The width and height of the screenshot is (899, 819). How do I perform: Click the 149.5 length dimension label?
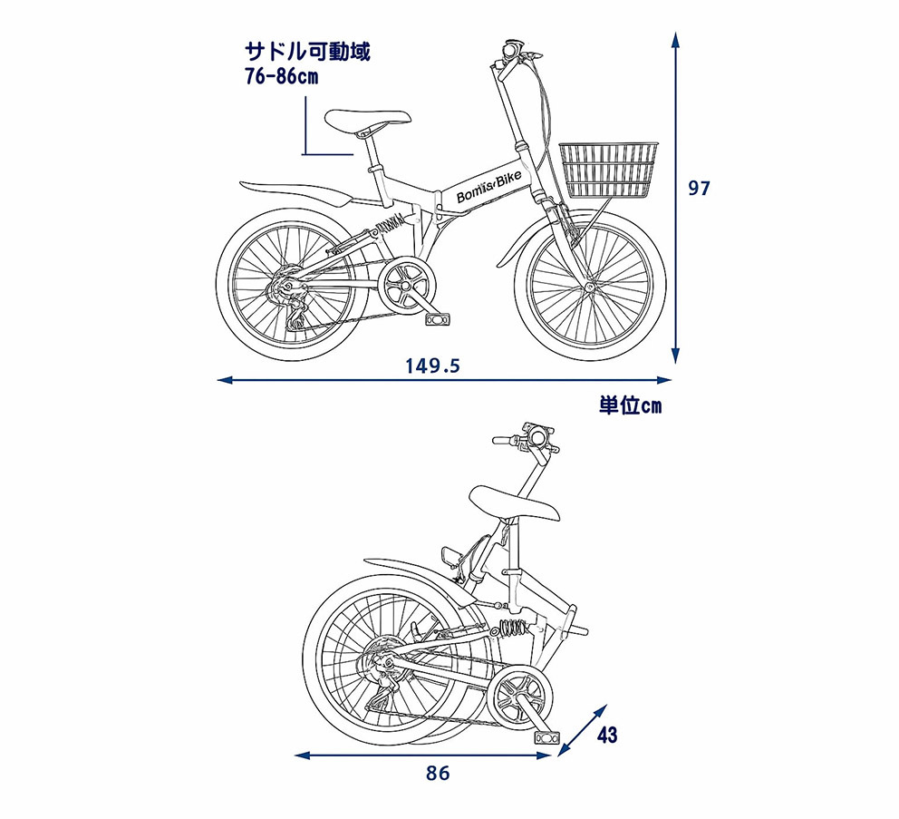coord(433,366)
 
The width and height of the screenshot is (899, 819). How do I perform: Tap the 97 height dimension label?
coord(699,189)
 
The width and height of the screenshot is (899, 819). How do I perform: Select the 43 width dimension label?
coord(607,735)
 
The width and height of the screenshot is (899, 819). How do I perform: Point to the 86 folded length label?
coord(438,774)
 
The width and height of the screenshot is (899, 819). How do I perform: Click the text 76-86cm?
coord(281,76)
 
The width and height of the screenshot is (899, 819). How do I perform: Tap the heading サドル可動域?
coord(307,52)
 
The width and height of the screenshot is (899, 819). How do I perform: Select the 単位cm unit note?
coord(630,405)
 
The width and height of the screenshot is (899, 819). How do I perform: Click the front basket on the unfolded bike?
coord(608,170)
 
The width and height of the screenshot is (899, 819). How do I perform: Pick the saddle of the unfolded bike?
coord(368,121)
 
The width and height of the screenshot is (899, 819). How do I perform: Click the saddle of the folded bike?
coord(514,503)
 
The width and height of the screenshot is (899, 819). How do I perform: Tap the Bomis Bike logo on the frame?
coord(489,187)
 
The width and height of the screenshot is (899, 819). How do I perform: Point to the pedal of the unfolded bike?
coord(439,318)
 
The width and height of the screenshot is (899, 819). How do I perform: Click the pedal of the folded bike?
coord(547,737)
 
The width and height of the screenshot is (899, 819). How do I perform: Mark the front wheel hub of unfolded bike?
coord(589,287)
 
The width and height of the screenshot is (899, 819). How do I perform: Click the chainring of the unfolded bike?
coord(407,285)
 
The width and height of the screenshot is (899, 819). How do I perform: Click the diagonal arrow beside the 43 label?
coord(582,729)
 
